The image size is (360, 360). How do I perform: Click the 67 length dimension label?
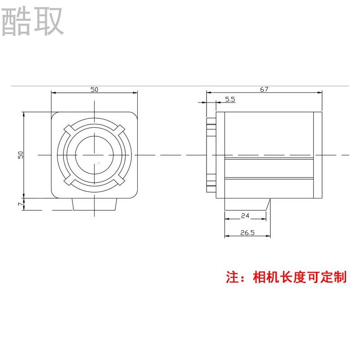(264, 89)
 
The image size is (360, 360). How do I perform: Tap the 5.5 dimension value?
(229, 99)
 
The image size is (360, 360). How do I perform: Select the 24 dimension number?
(245, 216)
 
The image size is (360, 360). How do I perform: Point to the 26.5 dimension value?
(247, 233)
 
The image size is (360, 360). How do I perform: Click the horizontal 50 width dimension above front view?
(94, 89)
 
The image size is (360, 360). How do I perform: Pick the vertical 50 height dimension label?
(20, 154)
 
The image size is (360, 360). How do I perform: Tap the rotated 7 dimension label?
(20, 204)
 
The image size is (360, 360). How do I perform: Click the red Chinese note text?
(286, 276)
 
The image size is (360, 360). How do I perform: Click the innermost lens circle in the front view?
(94, 154)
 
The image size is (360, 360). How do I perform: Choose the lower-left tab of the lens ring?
(69, 180)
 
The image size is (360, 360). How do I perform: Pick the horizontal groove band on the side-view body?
(269, 169)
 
